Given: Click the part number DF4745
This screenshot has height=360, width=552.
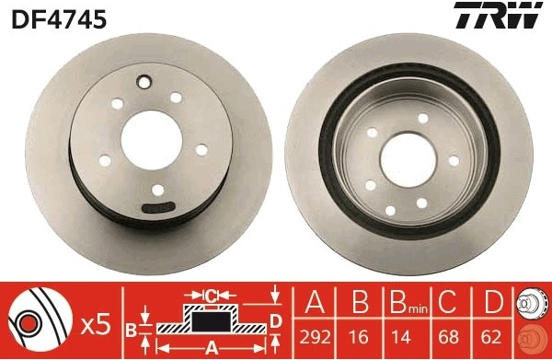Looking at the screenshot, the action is (x=59, y=19).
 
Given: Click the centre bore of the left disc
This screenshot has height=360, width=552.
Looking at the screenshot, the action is (x=152, y=140).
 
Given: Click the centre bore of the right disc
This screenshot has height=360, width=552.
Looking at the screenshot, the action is (x=408, y=160).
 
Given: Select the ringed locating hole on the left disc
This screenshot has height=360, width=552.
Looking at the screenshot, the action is (x=144, y=83).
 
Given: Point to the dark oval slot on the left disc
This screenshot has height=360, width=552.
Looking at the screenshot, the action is (x=158, y=207).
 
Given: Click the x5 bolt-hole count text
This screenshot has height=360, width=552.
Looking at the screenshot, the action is (x=96, y=326).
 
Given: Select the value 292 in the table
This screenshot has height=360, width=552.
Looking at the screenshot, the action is (x=315, y=337).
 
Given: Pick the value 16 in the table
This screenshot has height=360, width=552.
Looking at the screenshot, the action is (x=359, y=337).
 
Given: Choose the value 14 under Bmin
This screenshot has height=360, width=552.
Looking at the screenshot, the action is (x=400, y=337).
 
